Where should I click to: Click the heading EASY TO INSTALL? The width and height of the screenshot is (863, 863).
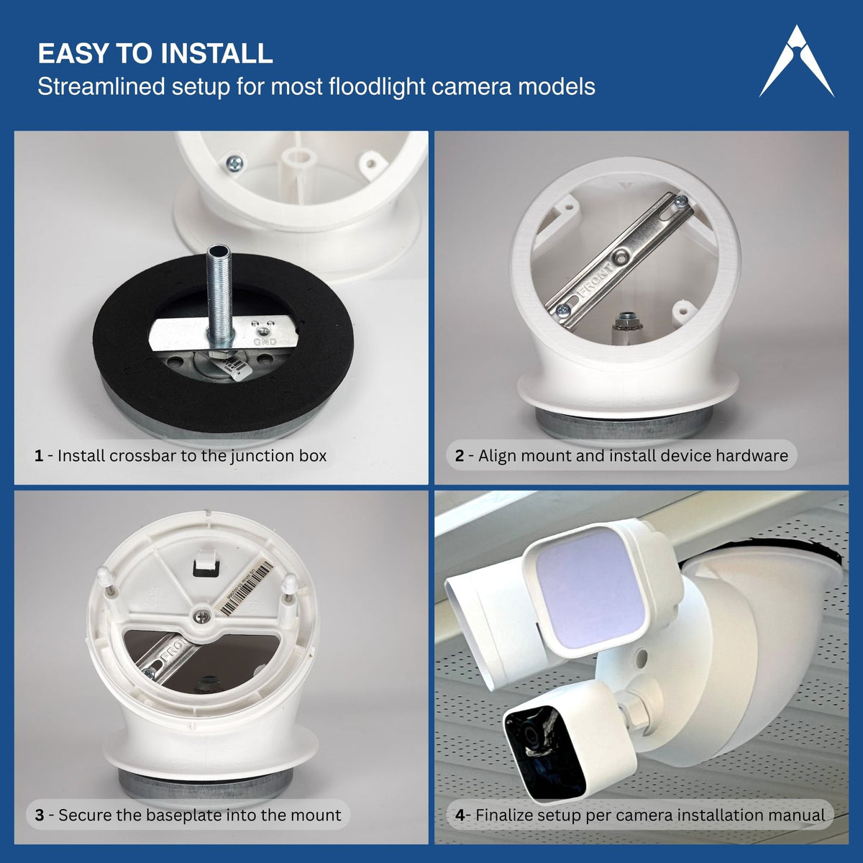pos(155,54)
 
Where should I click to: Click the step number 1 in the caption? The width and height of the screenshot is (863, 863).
pos(38,456)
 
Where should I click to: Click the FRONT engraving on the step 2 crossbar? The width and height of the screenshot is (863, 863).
pos(595,280)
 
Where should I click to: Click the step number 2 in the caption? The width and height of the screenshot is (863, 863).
pos(460,456)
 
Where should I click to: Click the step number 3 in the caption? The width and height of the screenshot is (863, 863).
pos(40,816)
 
